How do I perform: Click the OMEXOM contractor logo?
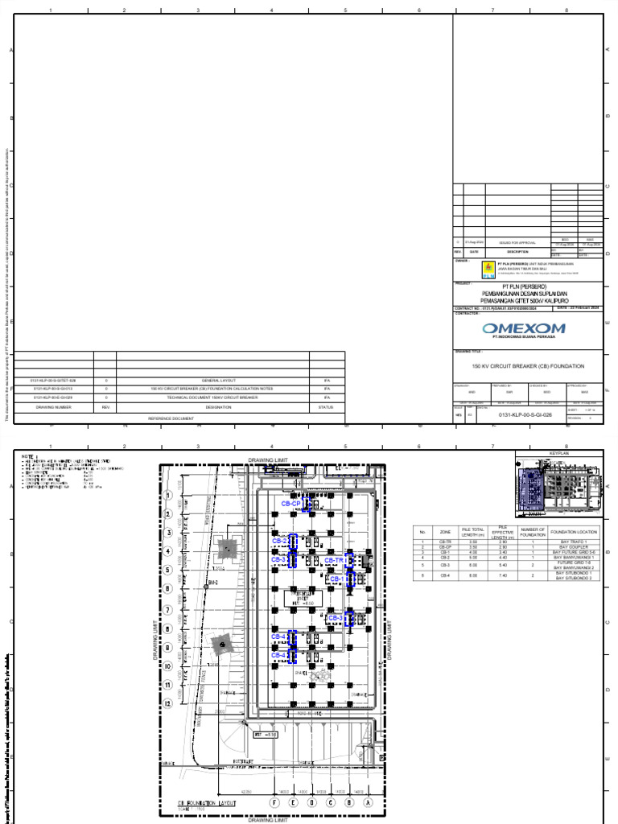pos(524,328)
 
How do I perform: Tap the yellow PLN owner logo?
pos(487,269)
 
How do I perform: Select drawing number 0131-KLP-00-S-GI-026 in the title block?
pos(525,414)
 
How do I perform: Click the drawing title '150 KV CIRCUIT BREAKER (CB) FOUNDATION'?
pos(528,366)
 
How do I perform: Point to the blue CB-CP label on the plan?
pos(290,504)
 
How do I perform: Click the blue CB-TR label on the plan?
pos(334,559)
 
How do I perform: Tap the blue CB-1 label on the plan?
pos(336,579)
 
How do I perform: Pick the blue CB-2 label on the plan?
pos(279,541)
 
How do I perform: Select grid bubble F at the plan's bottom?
pos(274,802)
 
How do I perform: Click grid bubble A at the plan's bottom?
pos(369,802)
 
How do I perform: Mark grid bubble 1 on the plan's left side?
pos(167,496)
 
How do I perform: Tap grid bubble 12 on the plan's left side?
pos(167,703)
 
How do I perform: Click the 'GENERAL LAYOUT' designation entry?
pos(217,379)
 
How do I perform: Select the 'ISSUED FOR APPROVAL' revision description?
pos(517,242)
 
